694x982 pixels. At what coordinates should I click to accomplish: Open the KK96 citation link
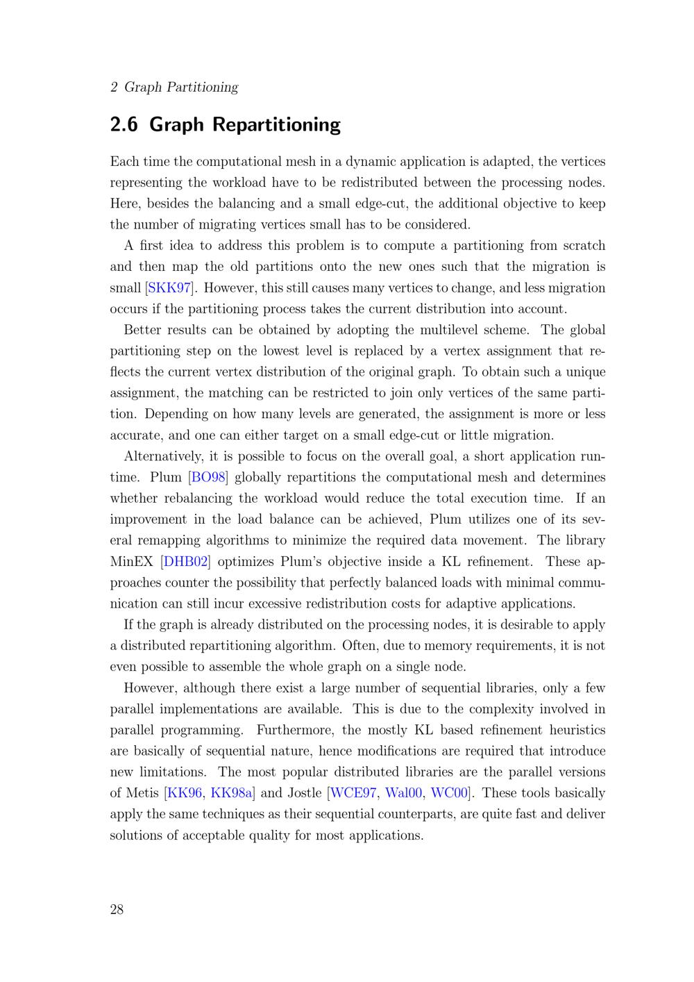(x=185, y=793)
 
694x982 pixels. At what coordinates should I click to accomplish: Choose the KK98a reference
(x=232, y=793)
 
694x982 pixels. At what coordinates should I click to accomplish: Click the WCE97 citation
(x=353, y=793)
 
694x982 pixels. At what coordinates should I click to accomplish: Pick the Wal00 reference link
(x=404, y=793)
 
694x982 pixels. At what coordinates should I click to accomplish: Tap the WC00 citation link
(x=450, y=793)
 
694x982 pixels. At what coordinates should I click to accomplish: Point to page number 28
(x=117, y=910)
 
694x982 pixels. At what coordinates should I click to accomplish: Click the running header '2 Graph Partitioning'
(x=174, y=87)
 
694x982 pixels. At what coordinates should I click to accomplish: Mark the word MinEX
(x=131, y=561)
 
